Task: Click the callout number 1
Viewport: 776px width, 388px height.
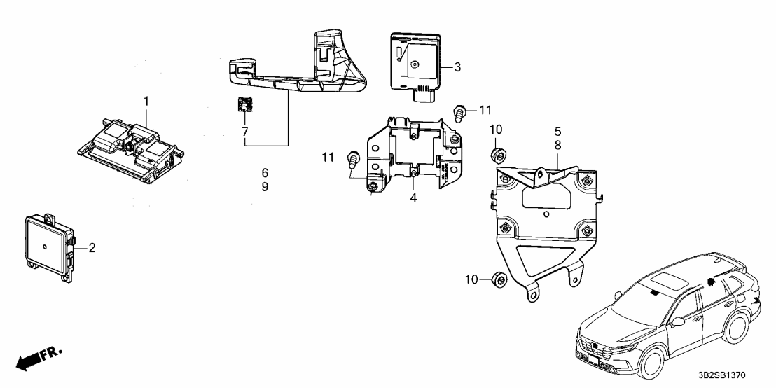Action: pos(146,102)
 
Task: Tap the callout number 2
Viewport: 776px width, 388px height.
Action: pos(92,247)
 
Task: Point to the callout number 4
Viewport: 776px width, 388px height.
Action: pos(413,198)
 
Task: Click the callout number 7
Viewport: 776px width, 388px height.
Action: pos(245,132)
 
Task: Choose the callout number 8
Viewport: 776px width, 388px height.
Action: pos(558,145)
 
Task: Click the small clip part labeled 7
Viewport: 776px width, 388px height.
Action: pos(244,105)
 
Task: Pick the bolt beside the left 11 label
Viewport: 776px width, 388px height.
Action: pos(353,159)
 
